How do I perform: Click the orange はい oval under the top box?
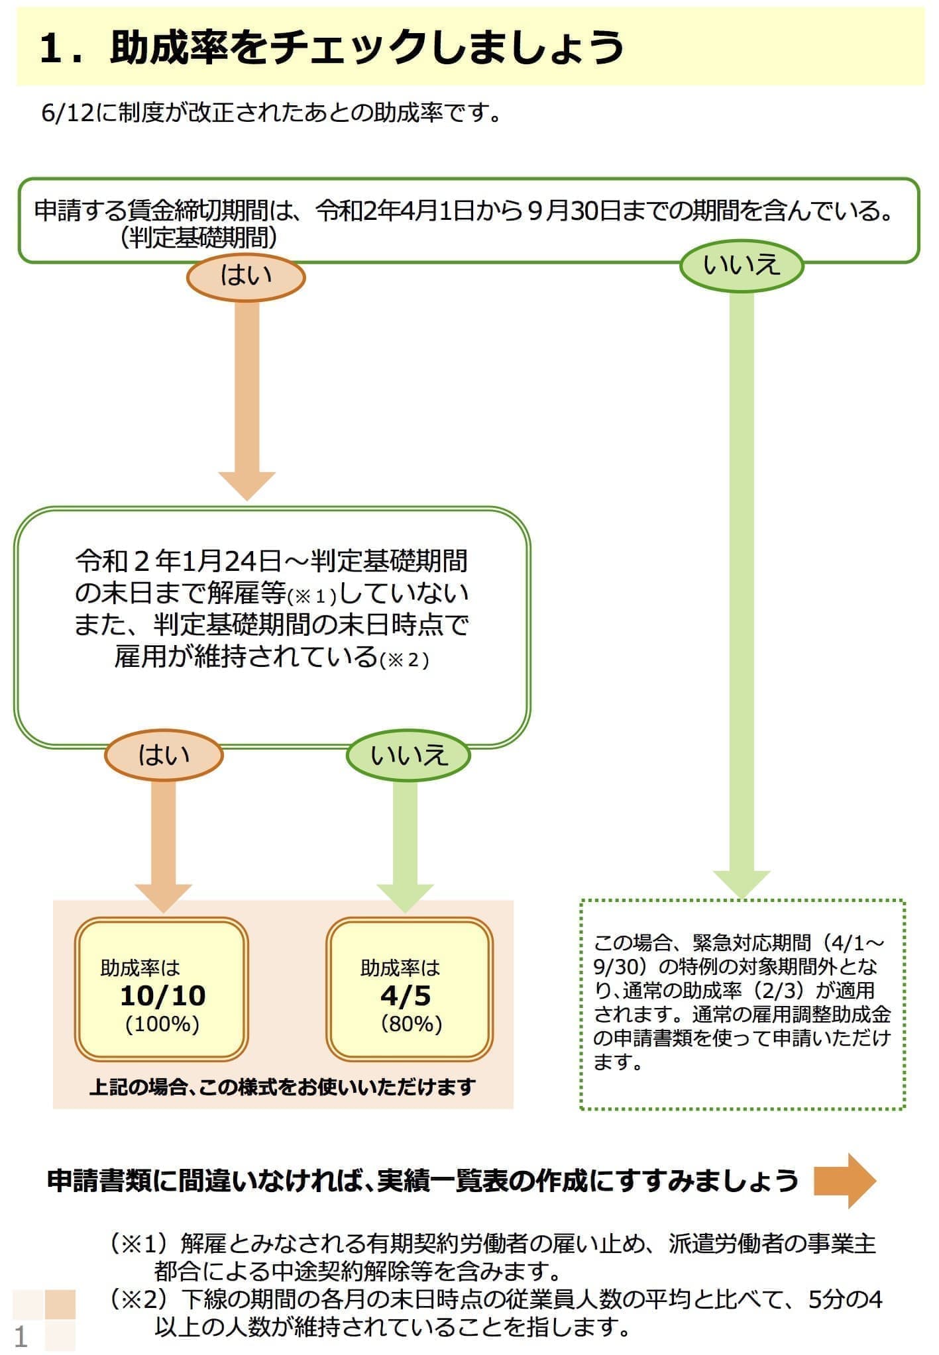click(x=246, y=276)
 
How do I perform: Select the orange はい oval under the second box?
click(x=164, y=755)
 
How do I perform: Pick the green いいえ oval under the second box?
click(x=408, y=756)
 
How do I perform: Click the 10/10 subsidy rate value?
click(x=163, y=996)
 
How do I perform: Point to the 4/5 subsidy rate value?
click(x=406, y=996)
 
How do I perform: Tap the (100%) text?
click(x=162, y=1025)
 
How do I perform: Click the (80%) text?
click(x=411, y=1025)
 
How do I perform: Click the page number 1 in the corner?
click(x=21, y=1337)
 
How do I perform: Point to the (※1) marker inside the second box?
click(x=312, y=597)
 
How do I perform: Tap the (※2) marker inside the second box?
click(x=404, y=660)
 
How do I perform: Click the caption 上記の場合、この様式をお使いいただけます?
click(x=282, y=1087)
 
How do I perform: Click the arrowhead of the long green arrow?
click(x=742, y=884)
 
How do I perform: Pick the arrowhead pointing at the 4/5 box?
click(x=405, y=897)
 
